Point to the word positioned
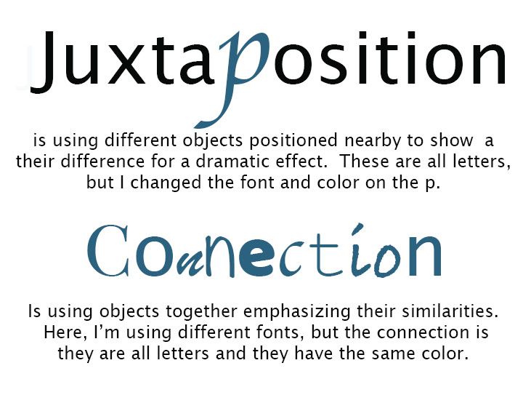click(x=293, y=141)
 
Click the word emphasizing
click(x=297, y=312)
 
